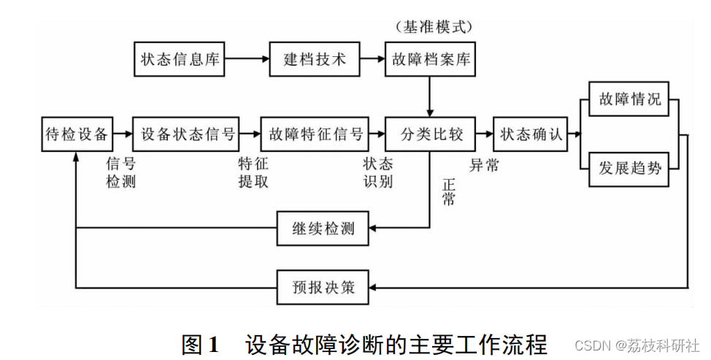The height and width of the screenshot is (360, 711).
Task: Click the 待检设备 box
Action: (77, 134)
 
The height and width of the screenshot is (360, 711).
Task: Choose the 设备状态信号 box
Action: (188, 134)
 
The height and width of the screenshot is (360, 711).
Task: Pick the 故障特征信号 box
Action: (315, 134)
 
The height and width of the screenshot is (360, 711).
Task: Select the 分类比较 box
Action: (429, 134)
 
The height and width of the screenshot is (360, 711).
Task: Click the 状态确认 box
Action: (530, 134)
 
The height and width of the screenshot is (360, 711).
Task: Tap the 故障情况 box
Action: (629, 99)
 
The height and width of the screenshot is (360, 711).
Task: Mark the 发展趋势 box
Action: (629, 168)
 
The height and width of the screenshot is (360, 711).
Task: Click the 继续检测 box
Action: (323, 229)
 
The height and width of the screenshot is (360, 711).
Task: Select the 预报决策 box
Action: (323, 287)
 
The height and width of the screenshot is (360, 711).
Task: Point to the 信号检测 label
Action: (121, 172)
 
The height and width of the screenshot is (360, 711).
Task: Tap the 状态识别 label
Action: (378, 172)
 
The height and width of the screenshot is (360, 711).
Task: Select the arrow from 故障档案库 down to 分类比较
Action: (429, 96)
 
